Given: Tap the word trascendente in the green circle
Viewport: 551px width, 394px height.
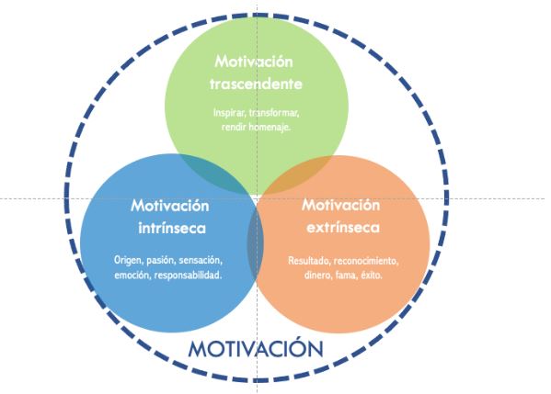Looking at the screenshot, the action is pyautogui.click(x=256, y=84).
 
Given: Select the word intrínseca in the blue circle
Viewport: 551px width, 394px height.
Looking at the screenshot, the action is pyautogui.click(x=172, y=228).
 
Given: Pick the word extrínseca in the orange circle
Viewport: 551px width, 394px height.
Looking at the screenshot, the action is pyautogui.click(x=343, y=228).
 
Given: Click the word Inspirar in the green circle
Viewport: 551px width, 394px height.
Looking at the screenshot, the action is pyautogui.click(x=230, y=113).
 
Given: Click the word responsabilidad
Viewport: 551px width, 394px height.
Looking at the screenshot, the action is pyautogui.click(x=188, y=275).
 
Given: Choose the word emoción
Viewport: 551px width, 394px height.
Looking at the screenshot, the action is pyautogui.click(x=132, y=275).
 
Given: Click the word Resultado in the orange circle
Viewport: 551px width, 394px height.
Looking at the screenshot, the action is pyautogui.click(x=309, y=261).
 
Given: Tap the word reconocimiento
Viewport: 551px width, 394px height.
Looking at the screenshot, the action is pyautogui.click(x=366, y=261).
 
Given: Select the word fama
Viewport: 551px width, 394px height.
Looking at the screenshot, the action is pyautogui.click(x=346, y=276).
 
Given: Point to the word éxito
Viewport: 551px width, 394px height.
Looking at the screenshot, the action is pyautogui.click(x=372, y=275).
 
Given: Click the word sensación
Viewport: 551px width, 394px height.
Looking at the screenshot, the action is pyautogui.click(x=201, y=260).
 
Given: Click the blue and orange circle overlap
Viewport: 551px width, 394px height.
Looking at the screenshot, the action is pyautogui.click(x=256, y=243).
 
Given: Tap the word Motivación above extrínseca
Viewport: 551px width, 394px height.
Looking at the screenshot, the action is pyautogui.click(x=341, y=205).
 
